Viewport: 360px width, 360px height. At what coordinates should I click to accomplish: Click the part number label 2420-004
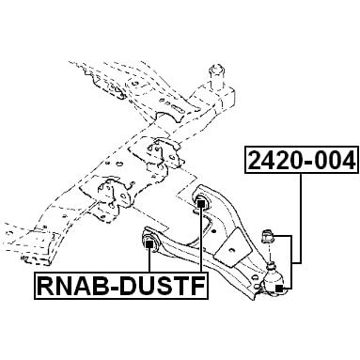coord(302,160)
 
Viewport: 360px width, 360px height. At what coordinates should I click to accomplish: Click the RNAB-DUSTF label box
coord(121,286)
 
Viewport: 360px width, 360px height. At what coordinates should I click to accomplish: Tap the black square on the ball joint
coord(278,289)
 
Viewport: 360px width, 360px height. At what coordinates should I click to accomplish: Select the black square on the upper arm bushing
coord(201,204)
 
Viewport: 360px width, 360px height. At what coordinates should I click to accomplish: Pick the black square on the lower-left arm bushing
coord(149,243)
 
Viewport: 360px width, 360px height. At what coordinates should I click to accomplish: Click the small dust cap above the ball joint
coord(267,237)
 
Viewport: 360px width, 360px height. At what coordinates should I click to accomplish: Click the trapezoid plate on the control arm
coord(233,247)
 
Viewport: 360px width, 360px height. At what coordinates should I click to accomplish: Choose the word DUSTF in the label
coord(163,286)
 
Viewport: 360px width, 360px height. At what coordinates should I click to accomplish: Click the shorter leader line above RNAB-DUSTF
coord(149,259)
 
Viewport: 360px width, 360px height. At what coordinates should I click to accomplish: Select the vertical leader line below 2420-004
coord(301,218)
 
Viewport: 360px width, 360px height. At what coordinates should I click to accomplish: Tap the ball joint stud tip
coord(272,262)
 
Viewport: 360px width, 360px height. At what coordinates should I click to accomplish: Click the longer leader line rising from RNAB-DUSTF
coord(201,240)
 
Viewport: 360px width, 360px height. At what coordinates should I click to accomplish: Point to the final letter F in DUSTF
coord(198,286)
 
